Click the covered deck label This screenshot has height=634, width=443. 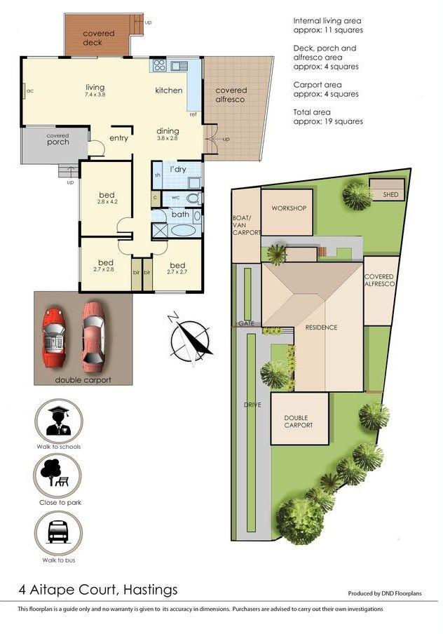[x=99, y=38]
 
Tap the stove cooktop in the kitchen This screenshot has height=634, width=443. [x=160, y=65]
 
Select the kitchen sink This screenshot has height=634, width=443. [x=179, y=65]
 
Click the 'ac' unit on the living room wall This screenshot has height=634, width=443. [x=25, y=90]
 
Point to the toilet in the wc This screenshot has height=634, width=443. [x=193, y=198]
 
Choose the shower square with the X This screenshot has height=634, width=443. [x=160, y=230]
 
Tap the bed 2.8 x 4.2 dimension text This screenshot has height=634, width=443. [x=107, y=201]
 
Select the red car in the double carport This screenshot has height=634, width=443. [x=54, y=337]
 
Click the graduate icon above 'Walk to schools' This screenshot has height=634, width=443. [x=59, y=421]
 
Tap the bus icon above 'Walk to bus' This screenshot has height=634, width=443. [x=59, y=532]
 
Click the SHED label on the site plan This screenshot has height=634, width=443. [x=390, y=194]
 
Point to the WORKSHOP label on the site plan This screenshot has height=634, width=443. [x=289, y=208]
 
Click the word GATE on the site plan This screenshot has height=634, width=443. [x=246, y=323]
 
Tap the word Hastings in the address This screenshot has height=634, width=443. [x=151, y=590]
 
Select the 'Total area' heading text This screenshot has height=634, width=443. [x=312, y=112]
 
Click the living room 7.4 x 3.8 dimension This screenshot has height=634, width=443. [x=95, y=95]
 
